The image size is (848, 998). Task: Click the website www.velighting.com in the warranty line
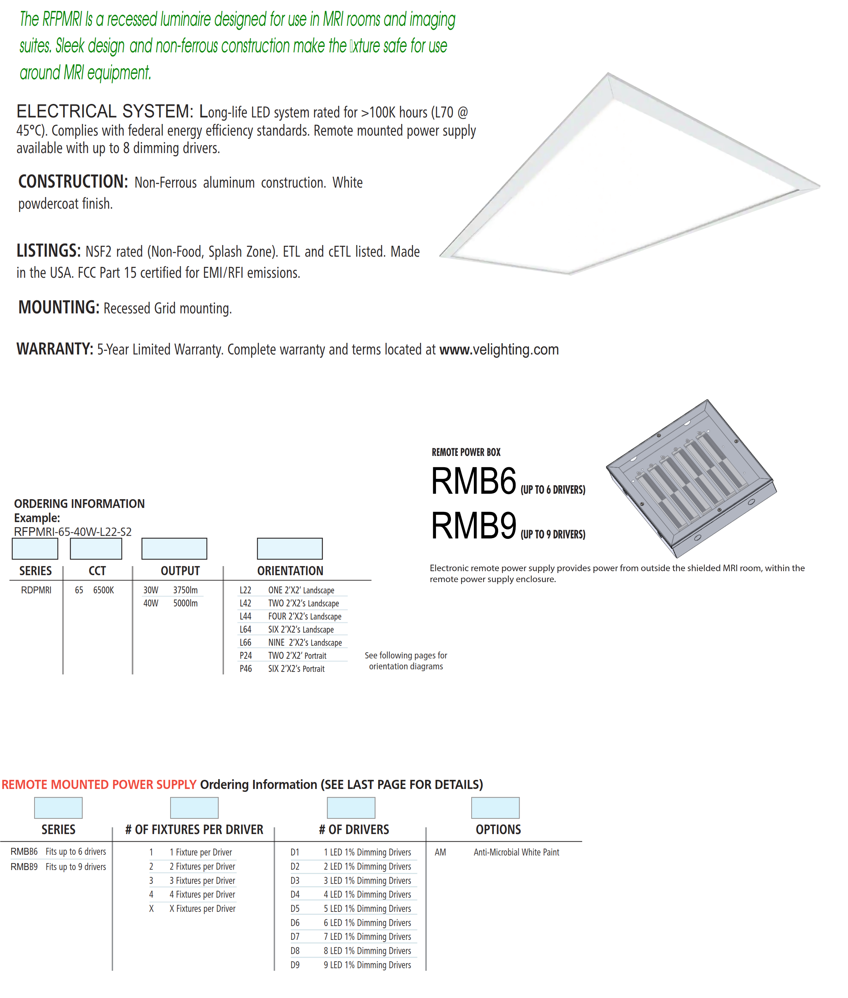coord(499,349)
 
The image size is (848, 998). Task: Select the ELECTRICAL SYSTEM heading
coord(105,112)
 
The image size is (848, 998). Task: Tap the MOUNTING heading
coord(59,307)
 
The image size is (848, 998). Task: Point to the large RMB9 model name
coord(473,525)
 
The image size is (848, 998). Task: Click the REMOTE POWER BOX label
coord(466,452)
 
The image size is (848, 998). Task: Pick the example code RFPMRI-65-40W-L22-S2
coord(73,532)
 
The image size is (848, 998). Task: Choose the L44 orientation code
coord(245,616)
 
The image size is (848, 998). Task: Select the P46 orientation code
coord(246,669)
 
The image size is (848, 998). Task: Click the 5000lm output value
coord(185,603)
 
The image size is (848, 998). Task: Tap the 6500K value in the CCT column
coord(103,590)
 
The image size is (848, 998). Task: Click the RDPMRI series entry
coord(36,590)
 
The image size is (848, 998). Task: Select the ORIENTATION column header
coord(290,571)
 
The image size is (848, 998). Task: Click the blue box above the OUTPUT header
coord(174,549)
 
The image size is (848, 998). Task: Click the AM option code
coord(440,852)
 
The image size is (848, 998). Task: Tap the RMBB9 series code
coord(24,867)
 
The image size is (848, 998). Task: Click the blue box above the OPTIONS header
coord(495,807)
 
